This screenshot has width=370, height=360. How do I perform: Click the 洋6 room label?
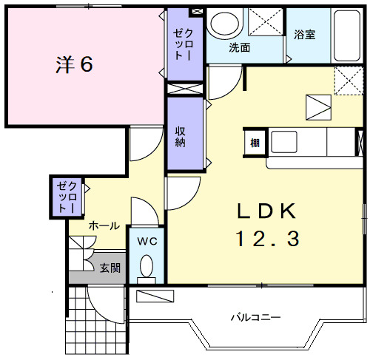(x=74, y=64)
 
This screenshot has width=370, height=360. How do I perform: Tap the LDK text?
(x=266, y=211)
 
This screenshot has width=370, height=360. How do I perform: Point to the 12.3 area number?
(x=268, y=239)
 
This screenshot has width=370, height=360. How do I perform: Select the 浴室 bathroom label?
(x=305, y=35)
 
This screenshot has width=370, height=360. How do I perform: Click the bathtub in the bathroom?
(x=346, y=35)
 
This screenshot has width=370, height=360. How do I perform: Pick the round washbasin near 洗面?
(x=224, y=23)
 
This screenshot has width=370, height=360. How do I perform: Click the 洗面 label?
(x=239, y=47)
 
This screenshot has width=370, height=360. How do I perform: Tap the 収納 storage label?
(x=181, y=137)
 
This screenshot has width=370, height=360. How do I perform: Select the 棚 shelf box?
(x=255, y=143)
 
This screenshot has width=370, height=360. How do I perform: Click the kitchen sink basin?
(x=284, y=142)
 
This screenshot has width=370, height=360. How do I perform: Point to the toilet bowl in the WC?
(x=147, y=266)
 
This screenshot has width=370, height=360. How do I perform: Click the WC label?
(x=147, y=241)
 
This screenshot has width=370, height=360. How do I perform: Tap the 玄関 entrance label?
(x=110, y=268)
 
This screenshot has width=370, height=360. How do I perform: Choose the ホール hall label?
(x=104, y=225)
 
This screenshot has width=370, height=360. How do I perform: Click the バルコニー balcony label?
(x=255, y=317)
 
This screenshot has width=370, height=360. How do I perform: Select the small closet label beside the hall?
(x=67, y=197)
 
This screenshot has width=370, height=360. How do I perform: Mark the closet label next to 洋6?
(x=183, y=44)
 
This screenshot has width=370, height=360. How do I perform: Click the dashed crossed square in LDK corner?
(x=349, y=81)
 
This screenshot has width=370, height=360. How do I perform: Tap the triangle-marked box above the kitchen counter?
(x=318, y=107)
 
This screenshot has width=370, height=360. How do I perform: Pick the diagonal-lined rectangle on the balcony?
(x=155, y=296)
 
